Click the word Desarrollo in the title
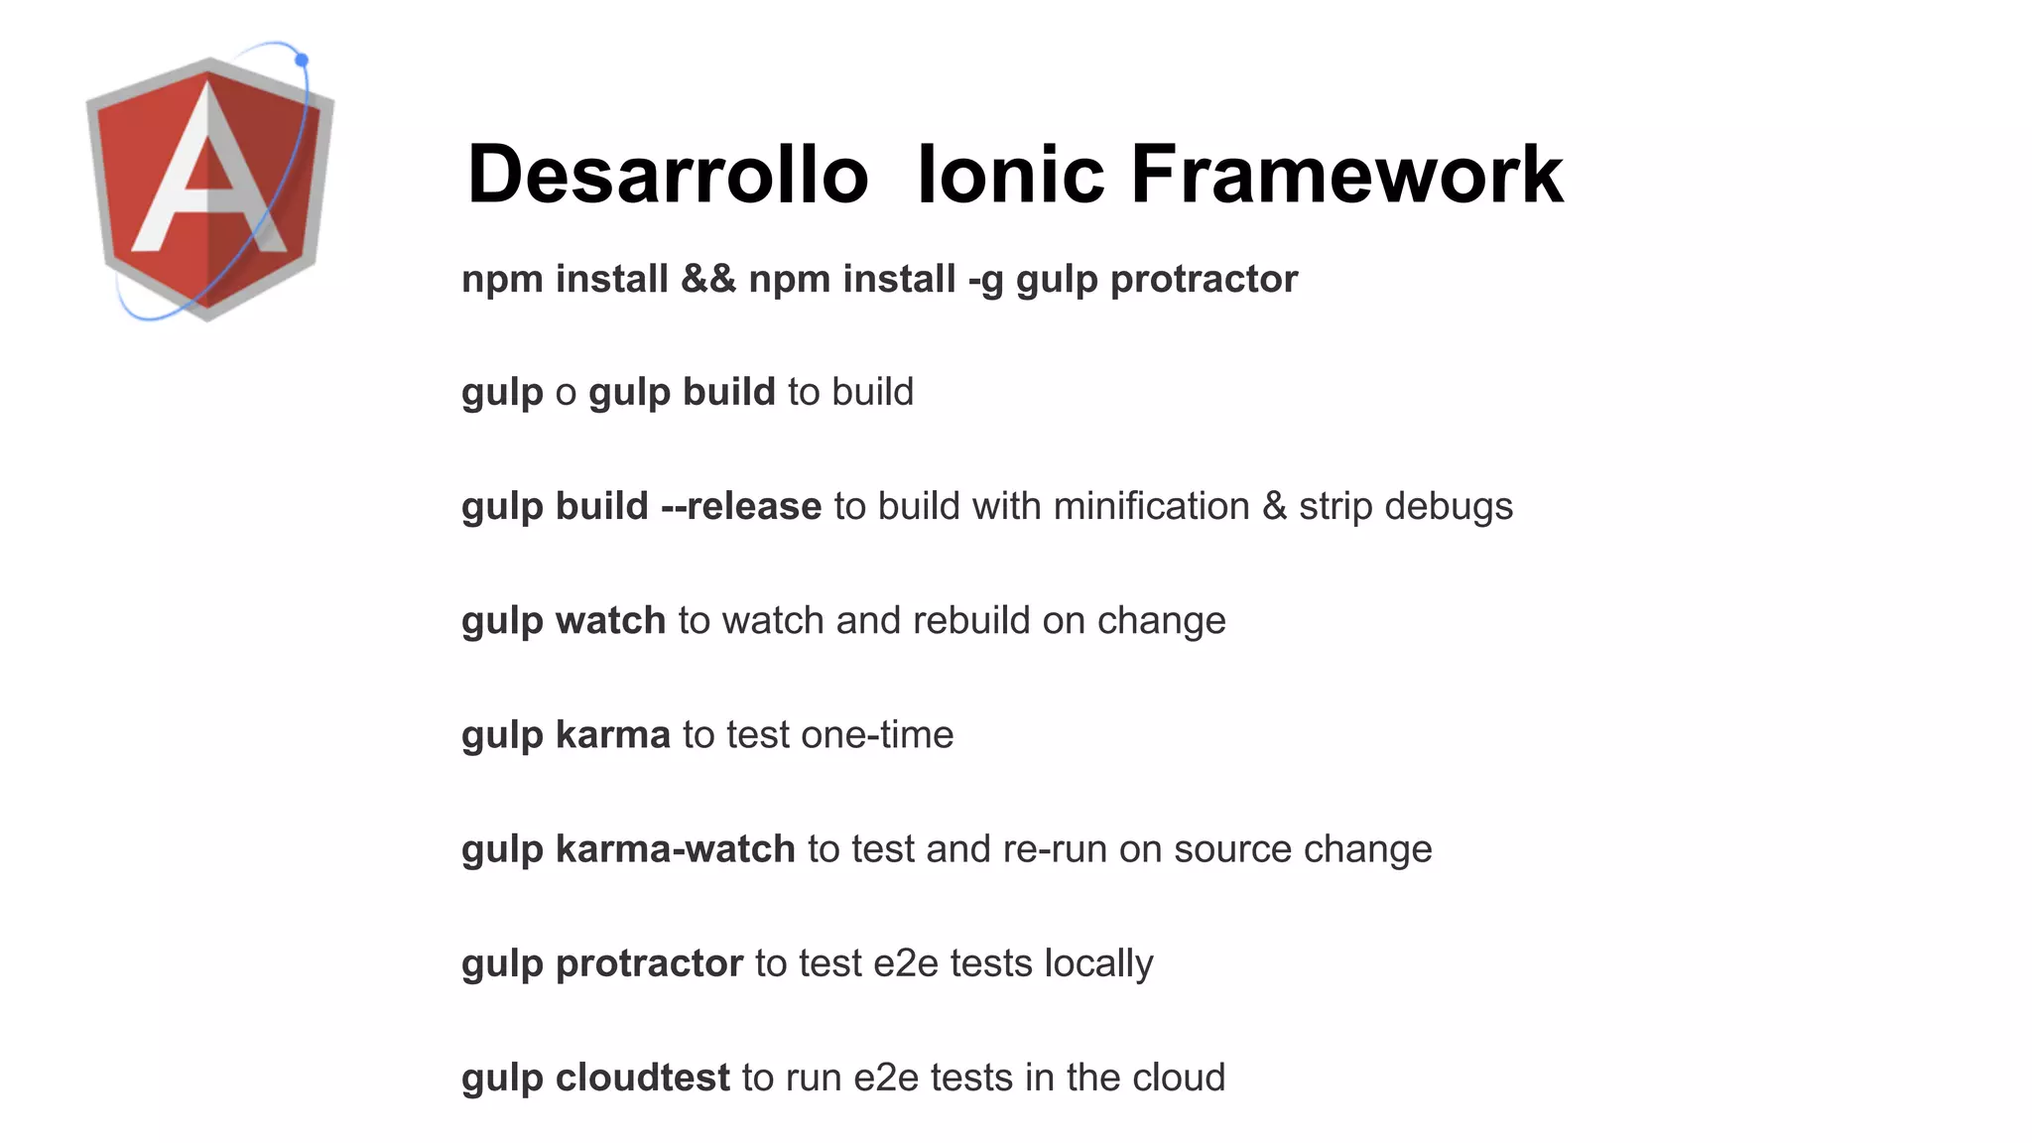click(667, 175)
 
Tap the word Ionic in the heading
click(1009, 175)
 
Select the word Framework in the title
click(1346, 175)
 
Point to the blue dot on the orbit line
click(302, 61)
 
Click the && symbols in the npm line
click(707, 279)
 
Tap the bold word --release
click(740, 506)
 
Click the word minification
click(1151, 506)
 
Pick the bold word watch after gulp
click(610, 620)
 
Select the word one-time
click(877, 734)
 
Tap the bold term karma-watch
click(675, 848)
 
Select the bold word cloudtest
click(642, 1078)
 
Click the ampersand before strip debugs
click(1274, 506)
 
